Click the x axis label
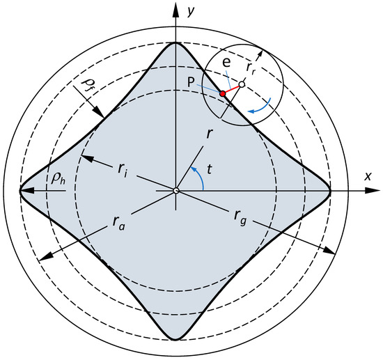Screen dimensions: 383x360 tap(367, 176)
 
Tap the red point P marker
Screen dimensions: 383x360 tap(222, 93)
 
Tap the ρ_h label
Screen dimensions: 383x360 tap(58, 178)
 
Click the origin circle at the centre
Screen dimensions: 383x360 tap(176, 190)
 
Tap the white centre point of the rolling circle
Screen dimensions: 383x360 tap(241, 85)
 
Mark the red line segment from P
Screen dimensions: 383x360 tap(231, 89)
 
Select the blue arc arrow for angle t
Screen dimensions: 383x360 tap(201, 178)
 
